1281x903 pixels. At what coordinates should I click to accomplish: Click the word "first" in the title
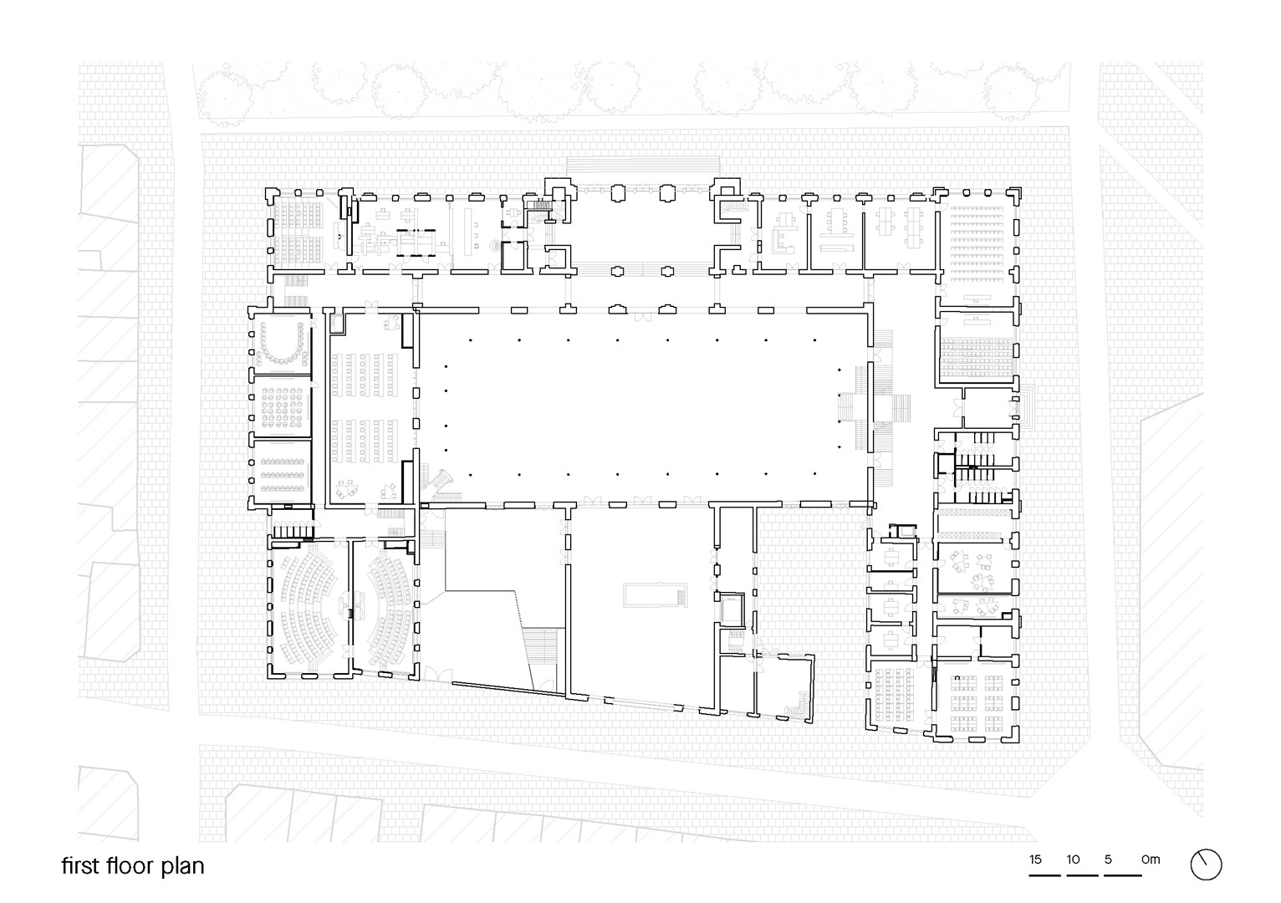point(80,865)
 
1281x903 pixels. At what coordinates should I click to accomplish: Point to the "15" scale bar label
point(1035,860)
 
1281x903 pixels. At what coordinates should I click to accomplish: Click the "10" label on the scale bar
point(1073,860)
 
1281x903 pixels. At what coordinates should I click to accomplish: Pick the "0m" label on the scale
point(1151,860)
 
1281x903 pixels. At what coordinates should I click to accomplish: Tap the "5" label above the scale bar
point(1108,860)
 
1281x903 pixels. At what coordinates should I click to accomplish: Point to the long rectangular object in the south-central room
point(656,594)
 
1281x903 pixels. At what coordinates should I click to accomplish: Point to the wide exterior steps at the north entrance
point(642,166)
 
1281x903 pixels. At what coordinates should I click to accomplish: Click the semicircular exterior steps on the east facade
point(1028,407)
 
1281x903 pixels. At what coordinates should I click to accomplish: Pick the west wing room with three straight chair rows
point(281,474)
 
